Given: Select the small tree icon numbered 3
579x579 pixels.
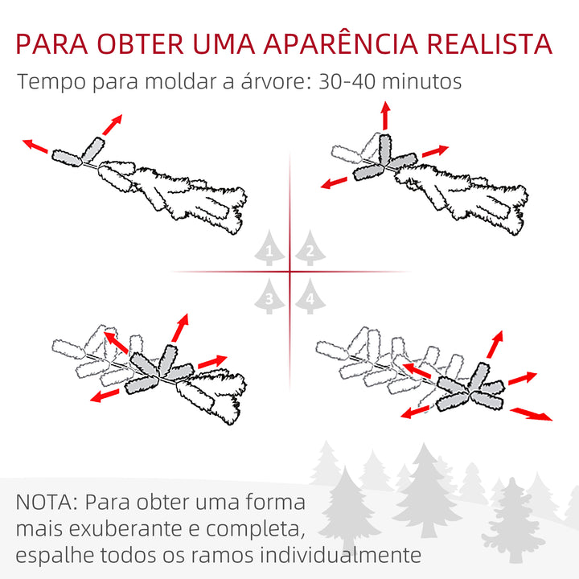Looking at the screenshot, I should [270, 296].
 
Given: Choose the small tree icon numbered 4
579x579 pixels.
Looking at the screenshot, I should [310, 296].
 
